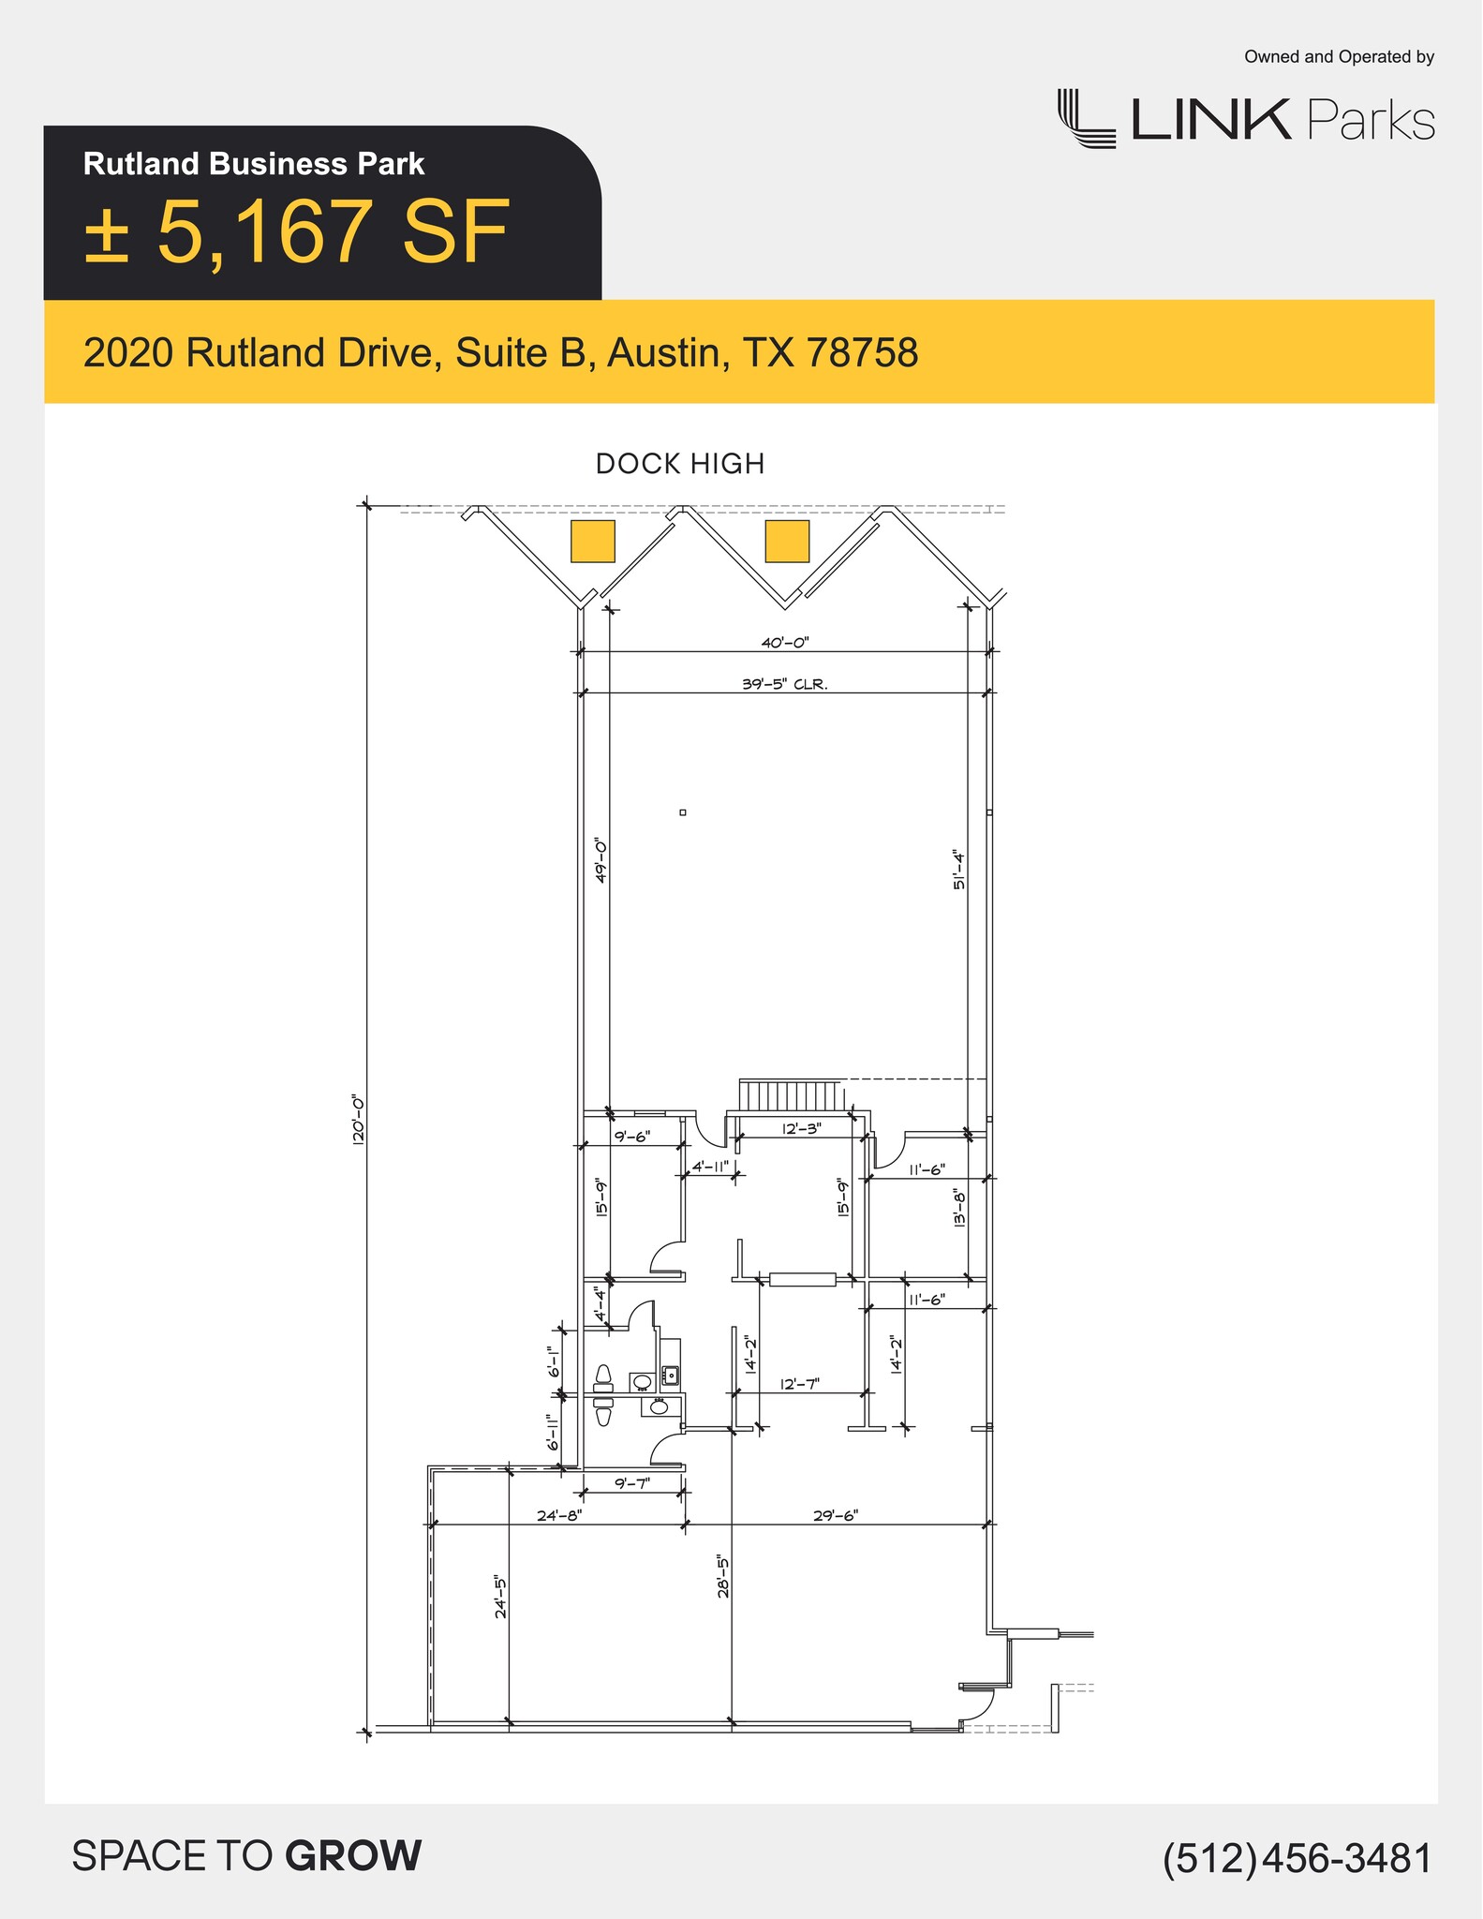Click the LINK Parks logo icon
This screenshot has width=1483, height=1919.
click(x=1087, y=119)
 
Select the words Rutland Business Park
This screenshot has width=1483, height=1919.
click(x=254, y=164)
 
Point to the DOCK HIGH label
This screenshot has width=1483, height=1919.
click(x=680, y=464)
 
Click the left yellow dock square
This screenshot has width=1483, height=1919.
click(x=593, y=542)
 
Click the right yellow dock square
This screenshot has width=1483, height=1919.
click(x=787, y=542)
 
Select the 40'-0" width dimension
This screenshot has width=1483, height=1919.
click(x=784, y=643)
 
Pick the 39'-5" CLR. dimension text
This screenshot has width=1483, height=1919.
click(x=784, y=684)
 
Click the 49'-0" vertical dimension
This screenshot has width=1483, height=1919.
click(x=601, y=860)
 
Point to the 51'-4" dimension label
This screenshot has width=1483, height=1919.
click(x=958, y=870)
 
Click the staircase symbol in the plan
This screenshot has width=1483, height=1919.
click(x=792, y=1094)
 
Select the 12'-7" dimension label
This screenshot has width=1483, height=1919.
click(x=800, y=1384)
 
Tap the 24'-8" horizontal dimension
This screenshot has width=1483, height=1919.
click(x=559, y=1515)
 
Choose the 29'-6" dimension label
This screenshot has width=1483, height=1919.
click(x=835, y=1515)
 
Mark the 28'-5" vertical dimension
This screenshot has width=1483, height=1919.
click(x=723, y=1576)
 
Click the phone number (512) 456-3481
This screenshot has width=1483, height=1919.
click(x=1298, y=1859)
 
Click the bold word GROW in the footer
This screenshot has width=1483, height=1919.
click(x=353, y=1856)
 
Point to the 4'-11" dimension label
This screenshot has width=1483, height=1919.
click(x=710, y=1168)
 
